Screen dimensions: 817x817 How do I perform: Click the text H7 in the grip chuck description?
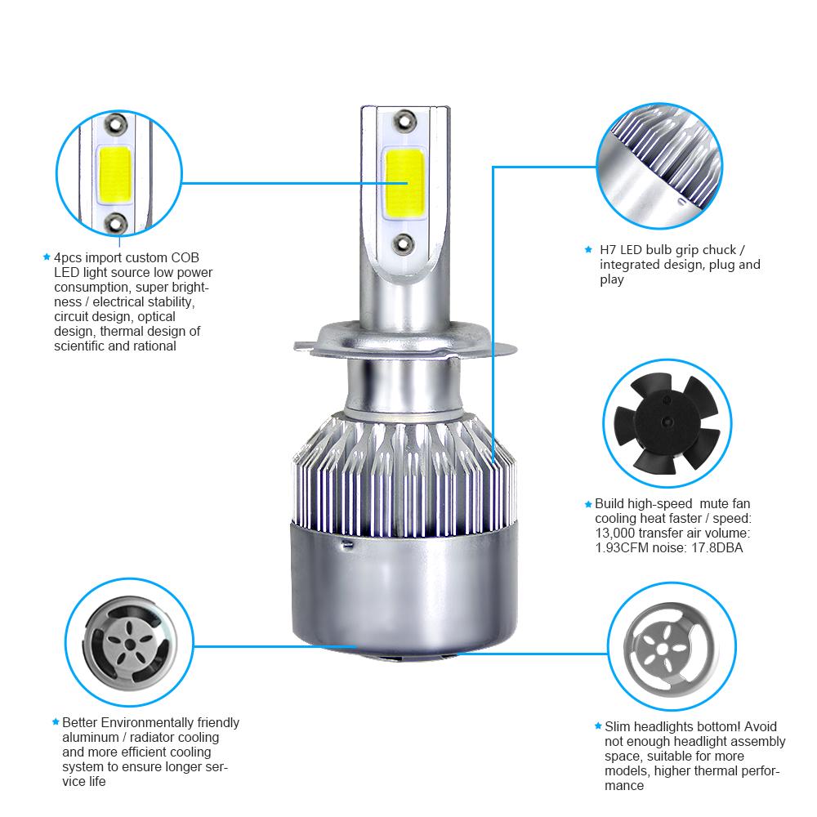pyautogui.click(x=607, y=249)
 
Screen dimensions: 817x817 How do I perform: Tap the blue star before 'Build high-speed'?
pyautogui.click(x=587, y=504)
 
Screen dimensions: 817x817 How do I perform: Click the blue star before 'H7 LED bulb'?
pyautogui.click(x=588, y=249)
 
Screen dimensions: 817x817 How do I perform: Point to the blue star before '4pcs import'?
pyautogui.click(x=47, y=257)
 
